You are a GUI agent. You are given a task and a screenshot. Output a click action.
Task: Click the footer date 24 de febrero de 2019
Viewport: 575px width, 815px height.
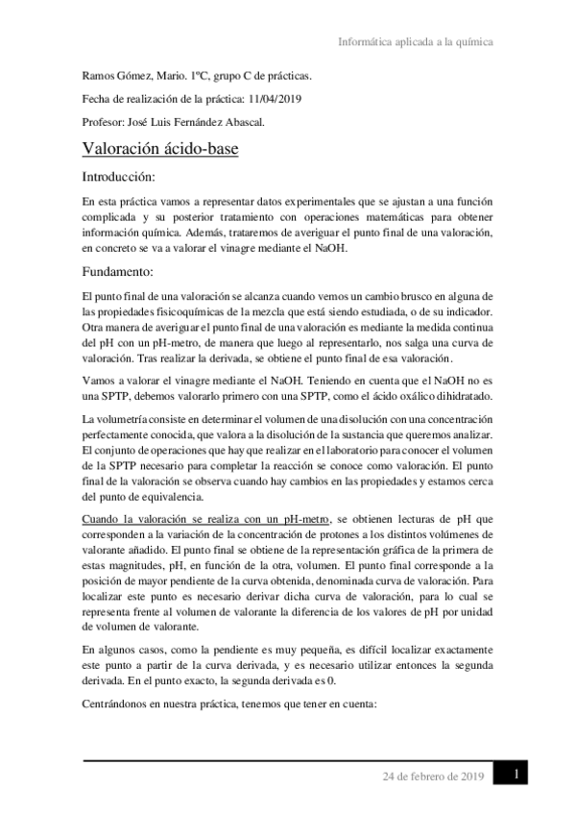coord(434,776)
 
